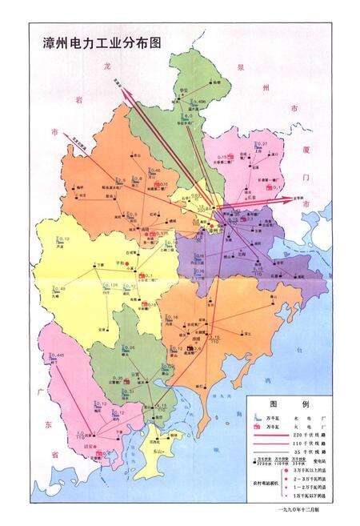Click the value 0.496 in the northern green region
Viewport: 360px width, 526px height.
coord(199,102)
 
